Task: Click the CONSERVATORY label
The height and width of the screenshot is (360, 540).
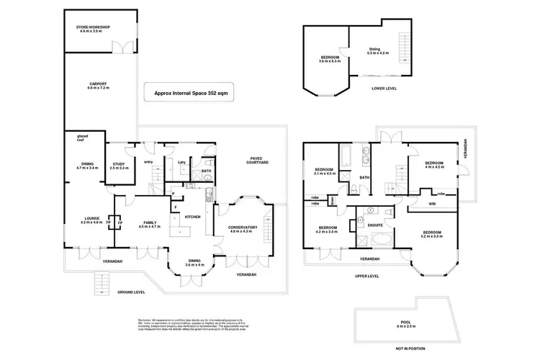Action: (243, 229)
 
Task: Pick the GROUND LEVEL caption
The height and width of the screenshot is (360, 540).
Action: (131, 292)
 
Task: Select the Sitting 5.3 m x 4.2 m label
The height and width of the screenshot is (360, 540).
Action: (377, 51)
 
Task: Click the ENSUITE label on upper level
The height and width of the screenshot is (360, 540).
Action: (376, 225)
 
